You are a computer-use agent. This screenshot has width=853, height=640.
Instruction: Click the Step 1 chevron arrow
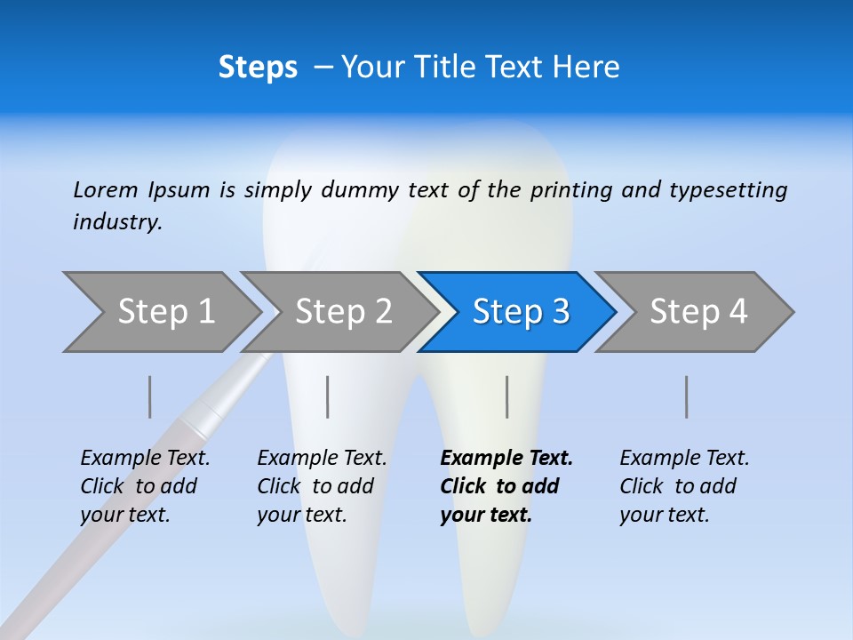click(164, 312)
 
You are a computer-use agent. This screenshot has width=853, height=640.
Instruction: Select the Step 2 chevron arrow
click(342, 312)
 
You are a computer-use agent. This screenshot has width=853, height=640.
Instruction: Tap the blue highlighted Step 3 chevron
click(520, 312)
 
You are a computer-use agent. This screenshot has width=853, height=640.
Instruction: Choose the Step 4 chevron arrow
click(698, 312)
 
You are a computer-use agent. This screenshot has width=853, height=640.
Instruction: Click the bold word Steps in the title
click(258, 68)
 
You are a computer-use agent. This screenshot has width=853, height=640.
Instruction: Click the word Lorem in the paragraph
click(105, 189)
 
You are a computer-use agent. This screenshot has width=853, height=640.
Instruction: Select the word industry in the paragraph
click(117, 221)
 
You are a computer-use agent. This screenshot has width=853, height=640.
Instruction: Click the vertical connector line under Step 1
click(150, 396)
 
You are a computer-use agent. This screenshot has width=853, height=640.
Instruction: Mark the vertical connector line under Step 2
click(328, 396)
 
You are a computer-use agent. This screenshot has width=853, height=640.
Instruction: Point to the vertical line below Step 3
click(507, 396)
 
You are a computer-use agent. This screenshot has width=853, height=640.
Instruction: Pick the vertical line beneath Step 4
click(687, 396)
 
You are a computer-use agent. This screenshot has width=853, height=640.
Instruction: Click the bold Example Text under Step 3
click(506, 459)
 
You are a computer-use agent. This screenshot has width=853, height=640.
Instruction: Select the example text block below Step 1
click(145, 486)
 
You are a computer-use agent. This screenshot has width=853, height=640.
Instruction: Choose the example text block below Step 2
click(322, 486)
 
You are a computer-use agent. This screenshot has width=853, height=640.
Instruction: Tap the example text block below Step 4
click(684, 486)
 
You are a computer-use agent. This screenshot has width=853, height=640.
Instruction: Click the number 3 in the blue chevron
click(560, 312)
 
